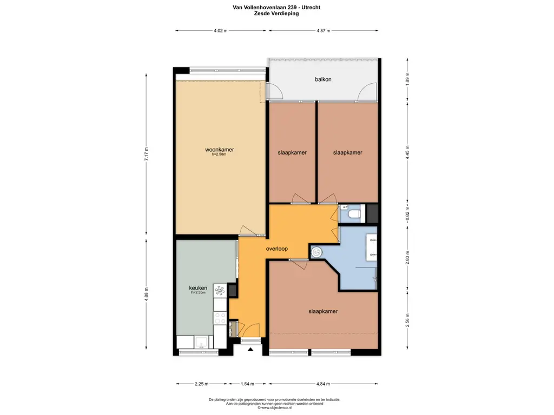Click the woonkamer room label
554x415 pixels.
coord(220,150)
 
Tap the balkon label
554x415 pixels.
coord(324,79)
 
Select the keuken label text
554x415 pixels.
coord(198,288)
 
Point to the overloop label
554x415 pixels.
coord(276,249)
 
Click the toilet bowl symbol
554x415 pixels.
coord(354,214)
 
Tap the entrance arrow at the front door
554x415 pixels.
coord(250,350)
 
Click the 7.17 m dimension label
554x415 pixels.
coord(146,154)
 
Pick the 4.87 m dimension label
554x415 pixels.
coord(324,31)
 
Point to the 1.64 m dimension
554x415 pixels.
coord(247,384)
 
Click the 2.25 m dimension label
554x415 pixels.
coord(201,384)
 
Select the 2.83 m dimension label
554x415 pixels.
coord(407,258)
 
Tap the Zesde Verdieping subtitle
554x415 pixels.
coord(276,14)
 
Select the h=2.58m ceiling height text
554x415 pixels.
coord(219,154)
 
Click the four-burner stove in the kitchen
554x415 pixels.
coord(220,318)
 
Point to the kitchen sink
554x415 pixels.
coord(201,342)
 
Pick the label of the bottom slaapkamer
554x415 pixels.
coord(323,312)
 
